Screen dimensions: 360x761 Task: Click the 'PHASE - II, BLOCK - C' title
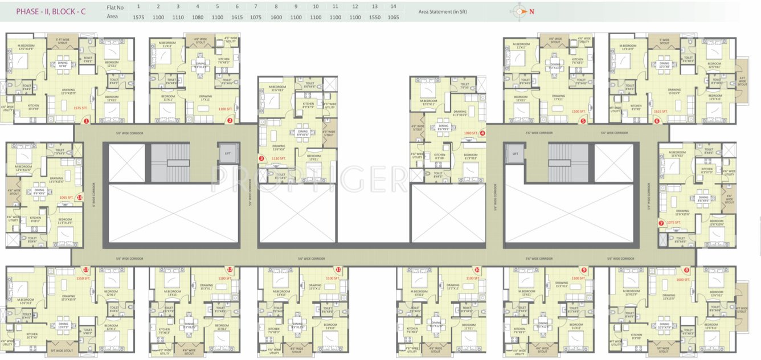51,11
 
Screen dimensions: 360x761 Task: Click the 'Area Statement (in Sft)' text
443,11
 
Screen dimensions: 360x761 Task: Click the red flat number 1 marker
87,121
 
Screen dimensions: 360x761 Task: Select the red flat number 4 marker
482,133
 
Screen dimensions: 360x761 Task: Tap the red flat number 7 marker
661,223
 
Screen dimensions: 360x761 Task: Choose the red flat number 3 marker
261,158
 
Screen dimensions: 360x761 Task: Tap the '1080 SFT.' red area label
470,133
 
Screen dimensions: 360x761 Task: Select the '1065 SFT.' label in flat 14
67,198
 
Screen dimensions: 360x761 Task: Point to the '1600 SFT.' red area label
683,279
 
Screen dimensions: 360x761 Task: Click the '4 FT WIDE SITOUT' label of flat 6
742,81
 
